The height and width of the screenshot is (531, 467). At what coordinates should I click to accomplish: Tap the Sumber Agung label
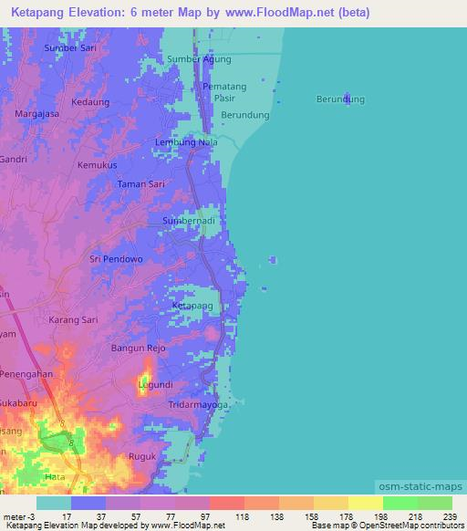point(200,59)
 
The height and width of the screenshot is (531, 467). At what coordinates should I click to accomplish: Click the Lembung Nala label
point(186,142)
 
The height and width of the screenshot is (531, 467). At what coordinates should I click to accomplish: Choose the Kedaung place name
point(89,102)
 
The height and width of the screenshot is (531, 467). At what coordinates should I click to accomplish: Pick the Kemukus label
point(98,165)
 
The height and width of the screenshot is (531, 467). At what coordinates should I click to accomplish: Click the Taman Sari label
point(140,184)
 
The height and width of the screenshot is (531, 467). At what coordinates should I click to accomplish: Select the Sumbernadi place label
point(190,222)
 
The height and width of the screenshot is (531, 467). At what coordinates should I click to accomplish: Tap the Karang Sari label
point(73,320)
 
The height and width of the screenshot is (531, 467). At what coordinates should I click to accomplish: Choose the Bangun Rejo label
point(138,349)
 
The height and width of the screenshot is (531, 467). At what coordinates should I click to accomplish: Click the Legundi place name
point(155,385)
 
